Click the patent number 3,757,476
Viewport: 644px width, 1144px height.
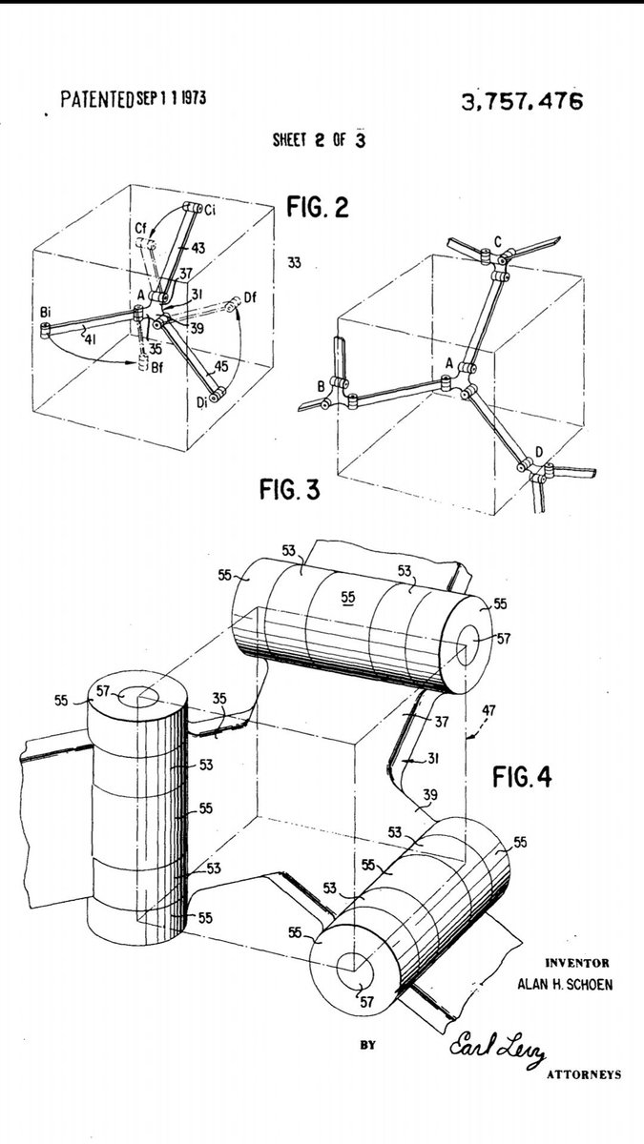click(522, 101)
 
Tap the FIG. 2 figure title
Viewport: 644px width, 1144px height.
click(318, 207)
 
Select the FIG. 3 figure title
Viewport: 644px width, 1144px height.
click(290, 489)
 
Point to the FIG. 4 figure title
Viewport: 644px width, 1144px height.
click(522, 777)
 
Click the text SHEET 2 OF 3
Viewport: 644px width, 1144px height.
click(319, 139)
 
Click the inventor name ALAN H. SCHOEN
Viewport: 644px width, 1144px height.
click(565, 984)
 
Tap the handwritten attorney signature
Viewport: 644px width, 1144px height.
click(498, 1047)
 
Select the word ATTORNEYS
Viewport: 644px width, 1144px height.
click(584, 1074)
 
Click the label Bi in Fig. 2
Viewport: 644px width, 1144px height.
click(46, 312)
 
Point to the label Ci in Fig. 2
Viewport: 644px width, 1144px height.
click(210, 210)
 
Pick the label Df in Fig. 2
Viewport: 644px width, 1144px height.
click(250, 296)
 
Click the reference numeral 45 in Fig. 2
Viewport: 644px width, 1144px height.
click(221, 366)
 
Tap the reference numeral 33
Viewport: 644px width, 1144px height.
click(294, 263)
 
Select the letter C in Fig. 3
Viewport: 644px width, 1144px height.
click(498, 240)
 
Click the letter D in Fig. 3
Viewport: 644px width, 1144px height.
click(539, 452)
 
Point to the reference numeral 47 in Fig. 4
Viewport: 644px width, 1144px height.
click(488, 710)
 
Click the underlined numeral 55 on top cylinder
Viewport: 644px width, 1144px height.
click(348, 597)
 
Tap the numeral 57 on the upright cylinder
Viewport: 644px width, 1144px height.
click(103, 691)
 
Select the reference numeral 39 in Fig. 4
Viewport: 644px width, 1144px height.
click(430, 795)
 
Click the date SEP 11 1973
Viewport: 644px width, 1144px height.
click(171, 97)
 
